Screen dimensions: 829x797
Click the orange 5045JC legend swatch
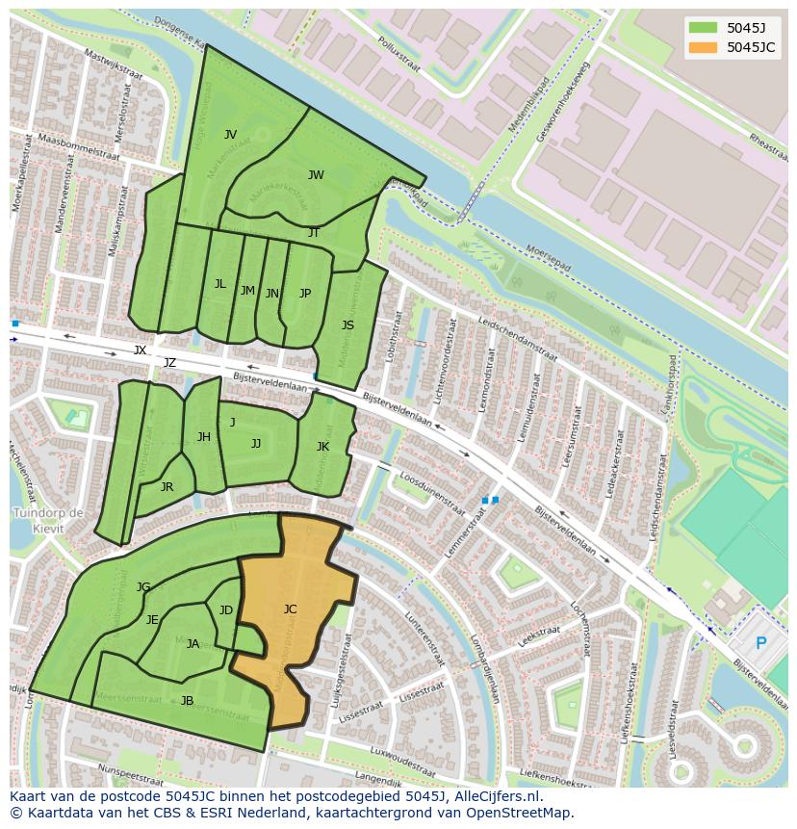point(703,47)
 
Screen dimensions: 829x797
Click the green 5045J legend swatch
point(703,27)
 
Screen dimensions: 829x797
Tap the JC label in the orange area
point(290,609)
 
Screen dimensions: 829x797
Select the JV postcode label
point(230,134)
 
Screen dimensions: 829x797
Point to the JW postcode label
point(316,174)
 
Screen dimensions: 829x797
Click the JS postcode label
point(347,325)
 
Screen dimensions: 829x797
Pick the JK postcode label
point(322,446)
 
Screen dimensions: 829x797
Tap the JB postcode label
point(187,700)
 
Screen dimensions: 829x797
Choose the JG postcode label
point(143,586)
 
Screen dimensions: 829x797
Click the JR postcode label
point(167,486)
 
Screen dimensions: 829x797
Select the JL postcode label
point(219,283)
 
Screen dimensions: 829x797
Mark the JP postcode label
point(305,293)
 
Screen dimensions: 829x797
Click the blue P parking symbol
point(761,643)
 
